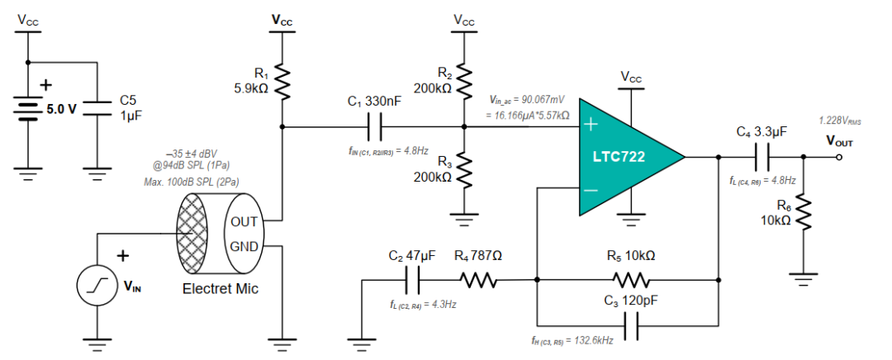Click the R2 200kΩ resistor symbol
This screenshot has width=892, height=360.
coord(463,81)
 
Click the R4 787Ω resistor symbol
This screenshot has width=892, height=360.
coord(479,282)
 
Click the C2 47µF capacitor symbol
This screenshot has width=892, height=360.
coord(413,282)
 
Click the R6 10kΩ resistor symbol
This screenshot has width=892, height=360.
coord(804,216)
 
